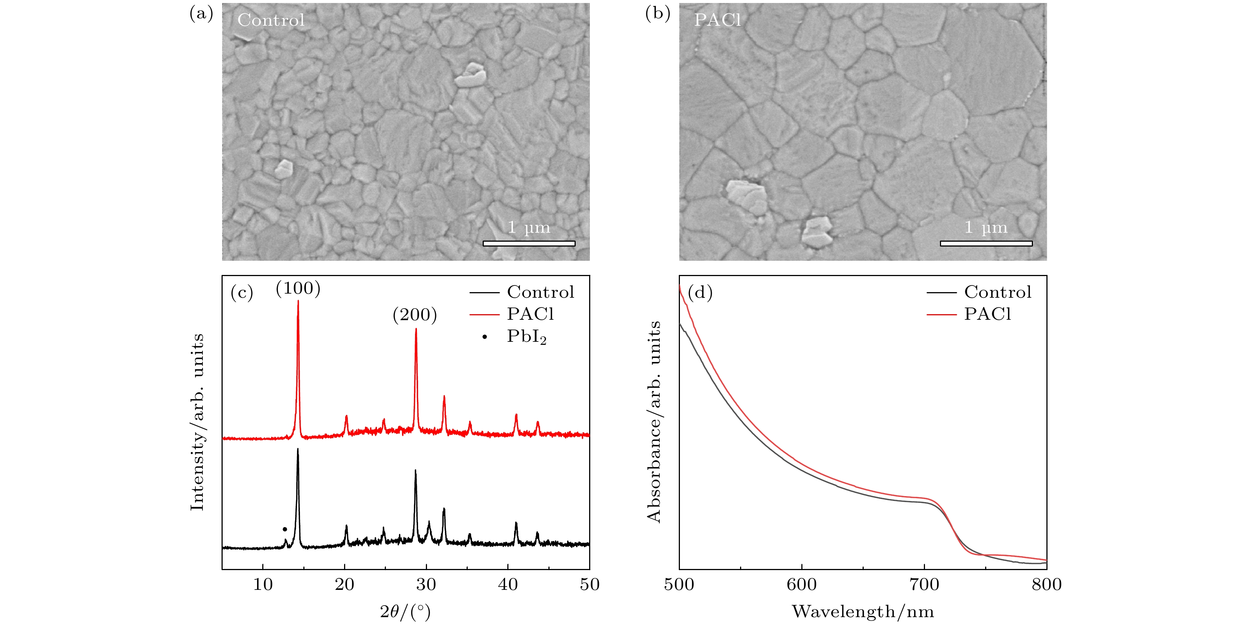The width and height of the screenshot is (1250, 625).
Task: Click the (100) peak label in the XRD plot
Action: (298, 289)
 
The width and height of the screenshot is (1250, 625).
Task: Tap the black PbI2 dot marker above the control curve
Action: (285, 529)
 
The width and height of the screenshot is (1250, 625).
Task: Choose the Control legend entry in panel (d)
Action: (997, 292)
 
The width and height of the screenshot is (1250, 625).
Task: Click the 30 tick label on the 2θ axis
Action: (426, 585)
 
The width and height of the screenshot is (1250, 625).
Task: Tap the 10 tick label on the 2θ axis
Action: (263, 585)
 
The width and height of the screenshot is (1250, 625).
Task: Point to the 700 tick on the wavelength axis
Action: (924, 585)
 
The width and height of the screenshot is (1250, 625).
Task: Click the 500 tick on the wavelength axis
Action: (679, 585)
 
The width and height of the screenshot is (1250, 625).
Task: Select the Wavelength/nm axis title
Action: (863, 612)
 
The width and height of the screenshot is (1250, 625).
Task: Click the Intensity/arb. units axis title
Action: (197, 422)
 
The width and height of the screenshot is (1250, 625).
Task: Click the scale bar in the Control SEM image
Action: (529, 243)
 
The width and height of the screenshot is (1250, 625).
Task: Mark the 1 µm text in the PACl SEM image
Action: (986, 227)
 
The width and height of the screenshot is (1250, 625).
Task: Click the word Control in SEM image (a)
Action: (271, 20)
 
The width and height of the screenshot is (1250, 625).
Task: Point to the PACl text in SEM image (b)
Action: (717, 20)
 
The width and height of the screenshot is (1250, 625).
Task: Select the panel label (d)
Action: (700, 292)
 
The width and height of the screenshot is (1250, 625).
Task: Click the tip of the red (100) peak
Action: (298, 301)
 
